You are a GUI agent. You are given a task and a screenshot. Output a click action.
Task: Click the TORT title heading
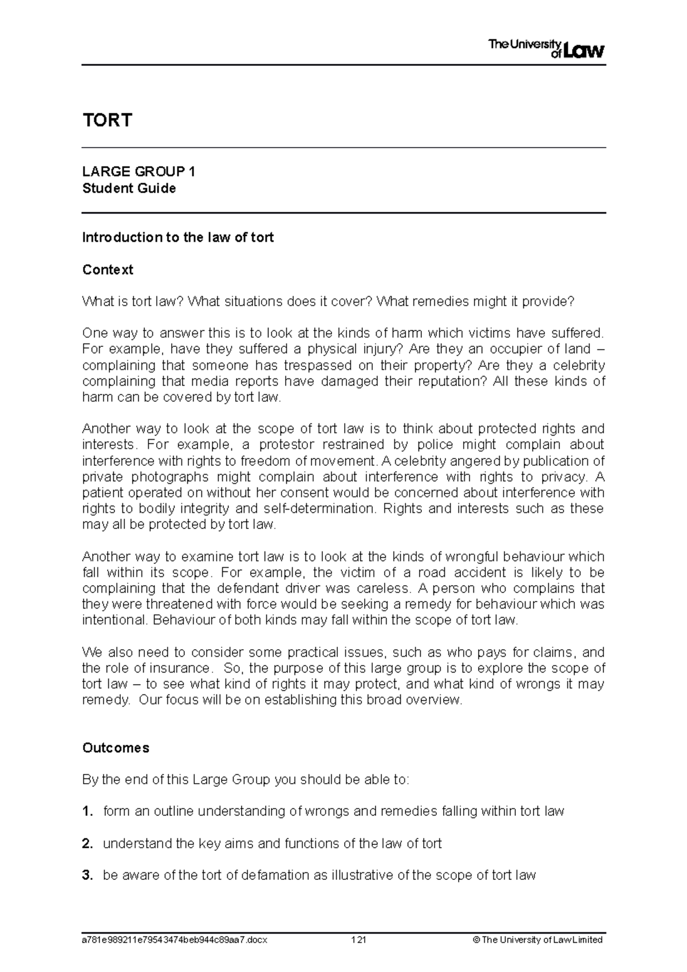107,120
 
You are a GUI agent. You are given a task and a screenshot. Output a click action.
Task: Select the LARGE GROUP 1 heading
139,172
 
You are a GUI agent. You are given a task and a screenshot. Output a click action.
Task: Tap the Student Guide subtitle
129,188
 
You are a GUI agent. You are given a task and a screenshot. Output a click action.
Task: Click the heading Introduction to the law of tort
178,238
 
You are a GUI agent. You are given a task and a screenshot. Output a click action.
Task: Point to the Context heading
108,270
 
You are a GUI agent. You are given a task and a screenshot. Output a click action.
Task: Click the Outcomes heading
116,748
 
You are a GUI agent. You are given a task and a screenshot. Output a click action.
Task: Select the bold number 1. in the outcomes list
88,811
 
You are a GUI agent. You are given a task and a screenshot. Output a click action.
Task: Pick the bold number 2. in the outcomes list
88,843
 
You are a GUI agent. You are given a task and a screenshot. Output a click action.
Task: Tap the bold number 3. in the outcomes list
88,875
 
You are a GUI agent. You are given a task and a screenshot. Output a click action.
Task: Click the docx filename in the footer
175,939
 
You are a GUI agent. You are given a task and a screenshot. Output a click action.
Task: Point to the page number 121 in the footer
358,939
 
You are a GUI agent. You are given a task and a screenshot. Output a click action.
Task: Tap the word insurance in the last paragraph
180,668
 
